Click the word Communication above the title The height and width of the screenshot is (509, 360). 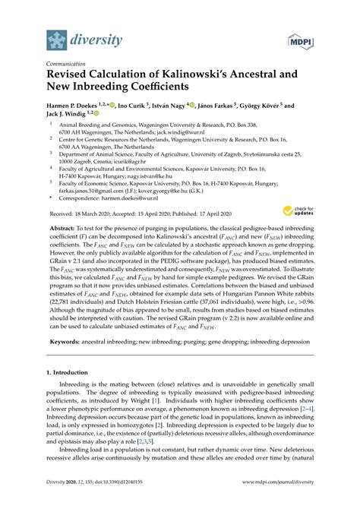[x=67, y=65]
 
